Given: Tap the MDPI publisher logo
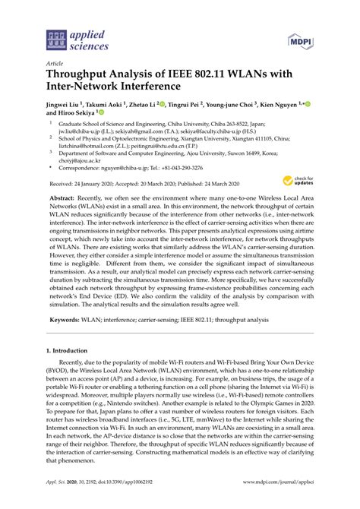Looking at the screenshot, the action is coord(299,39).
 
